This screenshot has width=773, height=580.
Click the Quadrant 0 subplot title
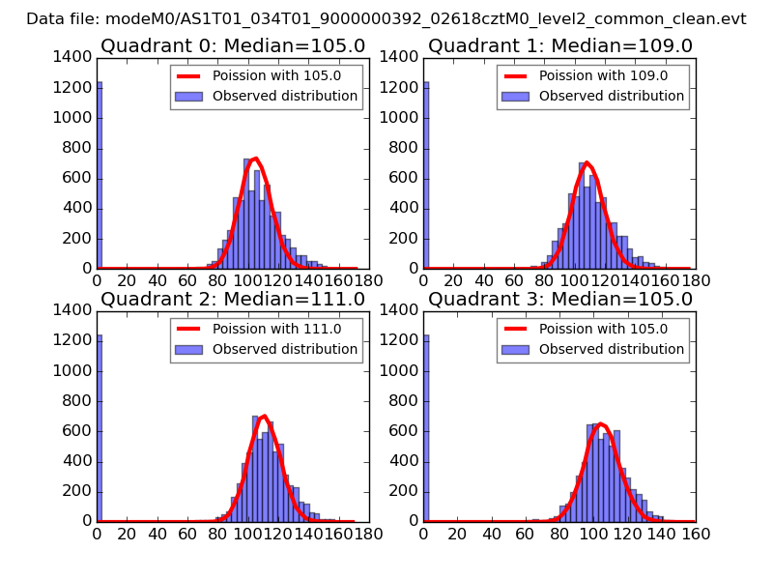pyautogui.click(x=232, y=46)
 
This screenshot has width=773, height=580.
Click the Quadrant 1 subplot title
pyautogui.click(x=559, y=46)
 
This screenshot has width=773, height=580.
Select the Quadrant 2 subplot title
pyautogui.click(x=232, y=300)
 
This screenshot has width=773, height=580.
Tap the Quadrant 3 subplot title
pyautogui.click(x=559, y=300)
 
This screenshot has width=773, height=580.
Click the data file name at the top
pyautogui.click(x=386, y=18)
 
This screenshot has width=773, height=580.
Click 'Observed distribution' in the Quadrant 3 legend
pyautogui.click(x=611, y=349)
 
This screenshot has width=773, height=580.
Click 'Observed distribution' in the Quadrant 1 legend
pyautogui.click(x=611, y=96)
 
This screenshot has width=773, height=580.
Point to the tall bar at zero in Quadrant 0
pyautogui.click(x=100, y=174)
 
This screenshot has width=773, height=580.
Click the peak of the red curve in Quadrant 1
pyautogui.click(x=587, y=162)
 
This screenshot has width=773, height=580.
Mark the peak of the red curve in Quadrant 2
pyautogui.click(x=264, y=416)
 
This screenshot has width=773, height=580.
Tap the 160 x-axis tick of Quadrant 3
pyautogui.click(x=696, y=533)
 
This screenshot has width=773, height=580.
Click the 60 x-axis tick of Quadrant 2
pyautogui.click(x=187, y=533)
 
